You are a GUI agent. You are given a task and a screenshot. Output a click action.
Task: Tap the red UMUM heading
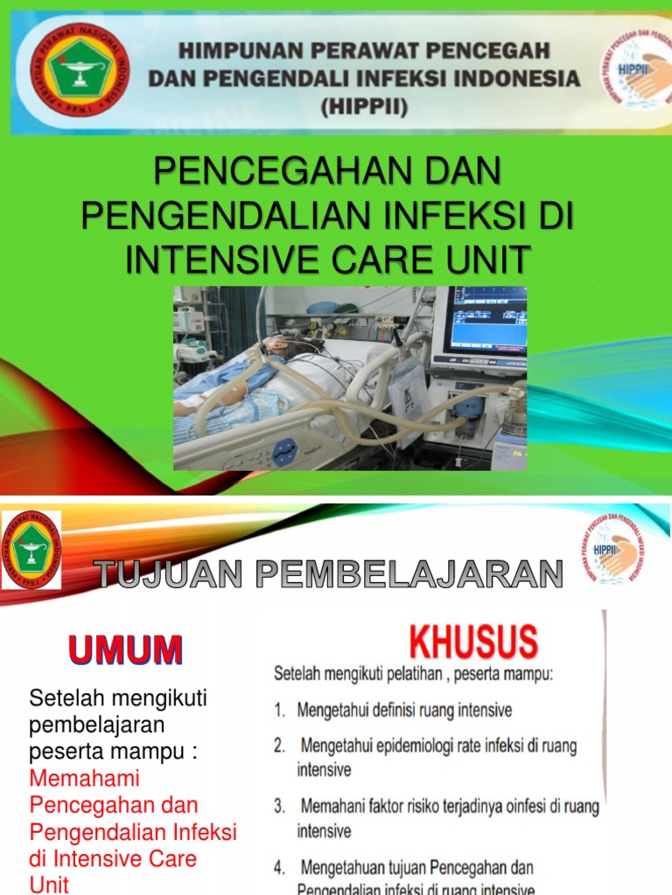pyautogui.click(x=126, y=650)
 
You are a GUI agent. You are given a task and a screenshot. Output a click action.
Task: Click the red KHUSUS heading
pyautogui.click(x=473, y=643)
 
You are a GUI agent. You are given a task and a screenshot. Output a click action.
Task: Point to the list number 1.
pyautogui.click(x=279, y=711)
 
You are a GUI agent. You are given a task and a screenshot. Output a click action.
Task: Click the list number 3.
pyautogui.click(x=279, y=805)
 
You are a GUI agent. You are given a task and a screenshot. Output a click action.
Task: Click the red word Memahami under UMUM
pyautogui.click(x=85, y=777)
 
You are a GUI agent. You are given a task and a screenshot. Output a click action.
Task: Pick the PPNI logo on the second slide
pyautogui.click(x=31, y=549)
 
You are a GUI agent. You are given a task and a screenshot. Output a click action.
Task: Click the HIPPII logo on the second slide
pyautogui.click(x=615, y=549)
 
